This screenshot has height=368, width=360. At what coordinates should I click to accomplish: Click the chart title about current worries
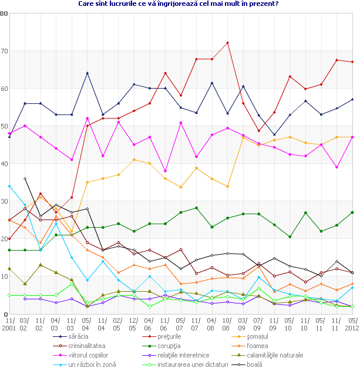tap(179, 4)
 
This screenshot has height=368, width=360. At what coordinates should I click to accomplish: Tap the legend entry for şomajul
tap(265, 336)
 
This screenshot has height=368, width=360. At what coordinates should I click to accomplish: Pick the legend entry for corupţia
tap(170, 346)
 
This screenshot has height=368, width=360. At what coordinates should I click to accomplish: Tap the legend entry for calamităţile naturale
tap(279, 355)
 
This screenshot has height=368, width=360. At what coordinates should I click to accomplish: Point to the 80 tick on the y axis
tap(4, 13)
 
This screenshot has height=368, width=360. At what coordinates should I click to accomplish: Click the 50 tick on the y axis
tap(4, 126)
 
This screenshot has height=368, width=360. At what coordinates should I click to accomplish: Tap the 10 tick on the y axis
tap(4, 276)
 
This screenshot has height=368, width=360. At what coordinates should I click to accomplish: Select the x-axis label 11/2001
tap(9, 324)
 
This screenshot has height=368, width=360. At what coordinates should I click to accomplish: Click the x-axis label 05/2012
tap(351, 324)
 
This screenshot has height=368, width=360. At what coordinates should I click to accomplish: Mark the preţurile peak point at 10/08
tap(227, 43)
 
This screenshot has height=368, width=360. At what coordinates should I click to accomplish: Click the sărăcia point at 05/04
tap(87, 73)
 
